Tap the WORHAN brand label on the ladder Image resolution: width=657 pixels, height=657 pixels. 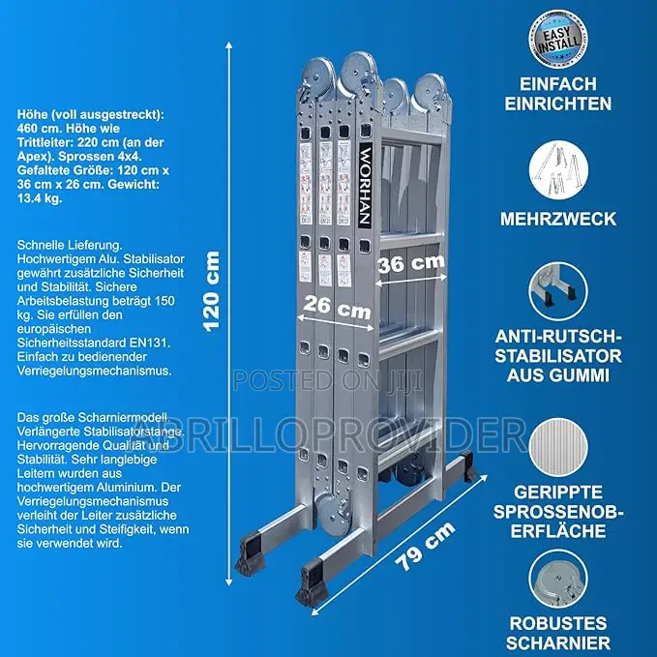(x=365, y=185)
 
